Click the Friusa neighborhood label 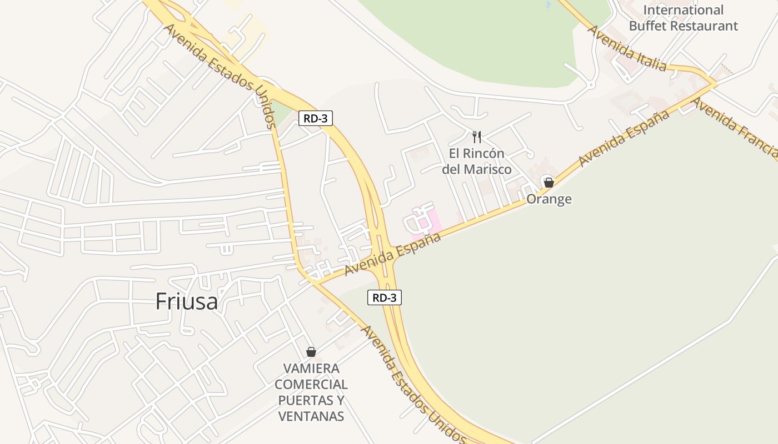[187, 301]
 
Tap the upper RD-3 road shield [316, 118]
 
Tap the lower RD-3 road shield [384, 297]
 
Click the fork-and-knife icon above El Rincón [476, 137]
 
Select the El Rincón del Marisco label [477, 161]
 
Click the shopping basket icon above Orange [548, 182]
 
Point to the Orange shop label [549, 199]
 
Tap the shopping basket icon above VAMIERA [311, 351]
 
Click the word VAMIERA [311, 369]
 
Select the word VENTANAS [311, 416]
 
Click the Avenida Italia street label [627, 48]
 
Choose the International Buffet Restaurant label [684, 18]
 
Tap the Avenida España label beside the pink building [393, 254]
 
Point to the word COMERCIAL [311, 384]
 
